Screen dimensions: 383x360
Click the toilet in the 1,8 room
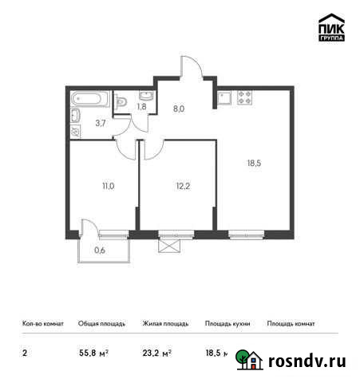[x=121, y=101]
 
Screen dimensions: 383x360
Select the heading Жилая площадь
[x=164, y=324]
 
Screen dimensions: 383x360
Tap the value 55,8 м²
[x=93, y=352]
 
